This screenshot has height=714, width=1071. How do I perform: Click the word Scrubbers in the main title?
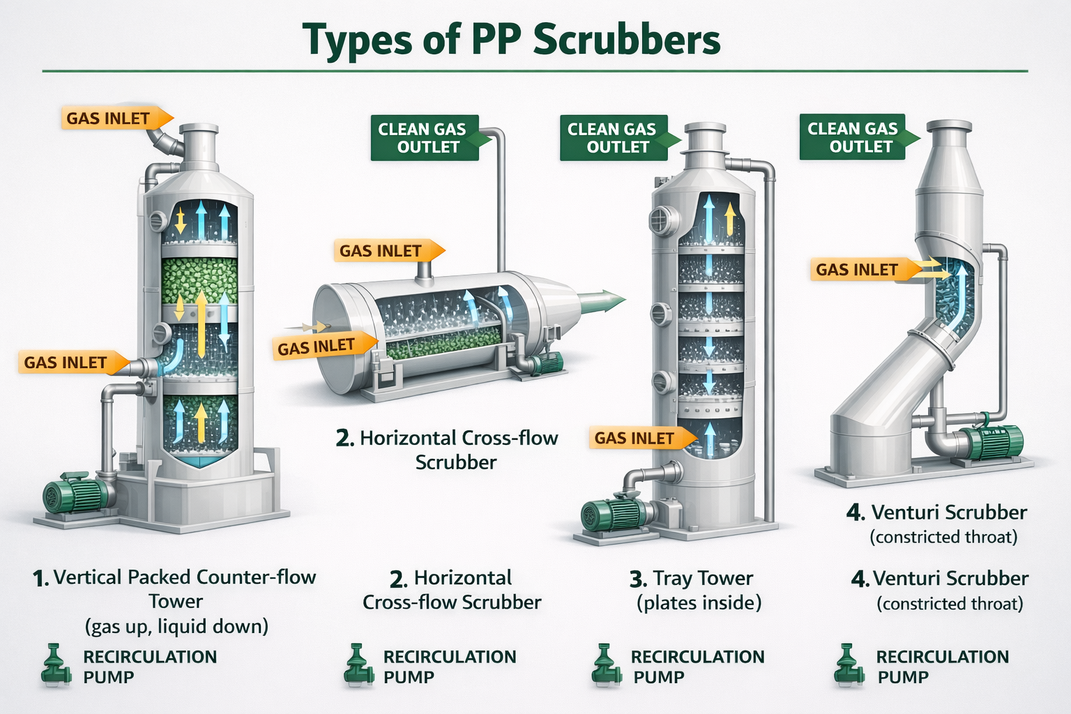click(x=626, y=40)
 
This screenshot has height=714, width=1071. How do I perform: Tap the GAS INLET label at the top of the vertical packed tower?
click(x=109, y=119)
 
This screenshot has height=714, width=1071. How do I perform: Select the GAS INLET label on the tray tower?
click(x=635, y=438)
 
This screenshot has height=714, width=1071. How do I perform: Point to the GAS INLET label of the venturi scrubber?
click(x=857, y=270)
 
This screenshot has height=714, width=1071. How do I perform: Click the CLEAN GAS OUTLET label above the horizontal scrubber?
click(x=422, y=138)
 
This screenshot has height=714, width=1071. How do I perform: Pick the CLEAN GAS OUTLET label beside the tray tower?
click(x=612, y=138)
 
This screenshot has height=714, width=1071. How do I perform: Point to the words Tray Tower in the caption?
click(x=703, y=578)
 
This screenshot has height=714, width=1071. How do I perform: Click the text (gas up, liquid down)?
click(x=176, y=626)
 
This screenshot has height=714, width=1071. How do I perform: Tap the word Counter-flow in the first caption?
click(x=256, y=577)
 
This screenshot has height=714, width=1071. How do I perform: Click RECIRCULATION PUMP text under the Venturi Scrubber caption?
click(x=941, y=667)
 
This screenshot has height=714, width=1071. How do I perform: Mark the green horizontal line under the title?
click(x=535, y=71)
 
